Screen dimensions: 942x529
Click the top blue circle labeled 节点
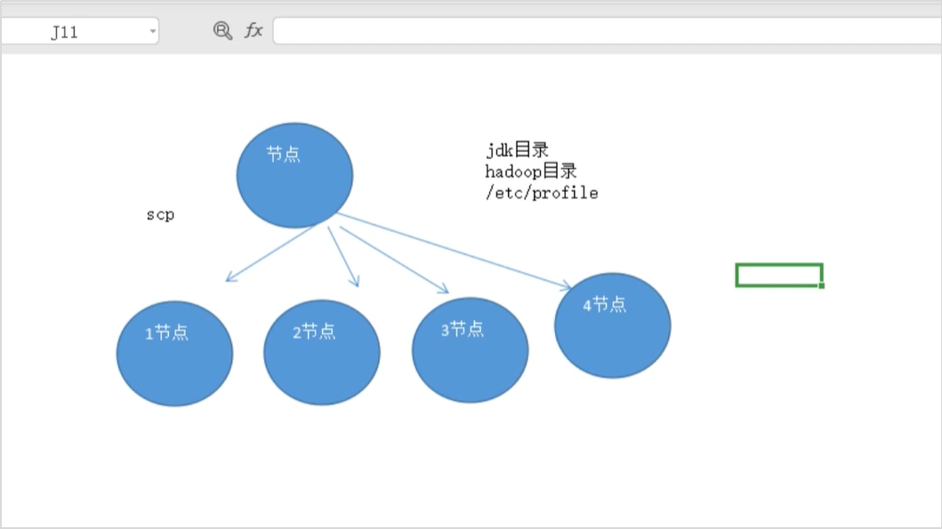(294, 175)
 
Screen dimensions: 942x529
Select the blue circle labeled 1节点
(174, 353)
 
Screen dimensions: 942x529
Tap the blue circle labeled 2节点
(322, 352)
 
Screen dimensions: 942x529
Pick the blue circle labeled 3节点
(470, 350)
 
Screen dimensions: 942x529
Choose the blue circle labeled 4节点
(612, 325)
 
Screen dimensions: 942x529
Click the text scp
(160, 215)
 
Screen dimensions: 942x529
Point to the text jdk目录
(517, 150)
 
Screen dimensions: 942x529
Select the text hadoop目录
(531, 172)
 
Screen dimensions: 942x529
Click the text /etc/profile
(542, 193)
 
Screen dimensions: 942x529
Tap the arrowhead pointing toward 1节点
(229, 278)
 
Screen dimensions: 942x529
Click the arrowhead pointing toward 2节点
(356, 283)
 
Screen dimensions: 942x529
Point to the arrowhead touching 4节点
(568, 286)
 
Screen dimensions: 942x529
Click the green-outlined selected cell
(778, 275)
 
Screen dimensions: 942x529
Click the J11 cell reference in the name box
(64, 32)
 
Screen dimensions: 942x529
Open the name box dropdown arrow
(152, 32)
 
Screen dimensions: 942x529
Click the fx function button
(254, 30)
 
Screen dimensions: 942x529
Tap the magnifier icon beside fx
(222, 30)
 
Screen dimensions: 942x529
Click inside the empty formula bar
(605, 30)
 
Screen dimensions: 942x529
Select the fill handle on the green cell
(821, 285)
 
